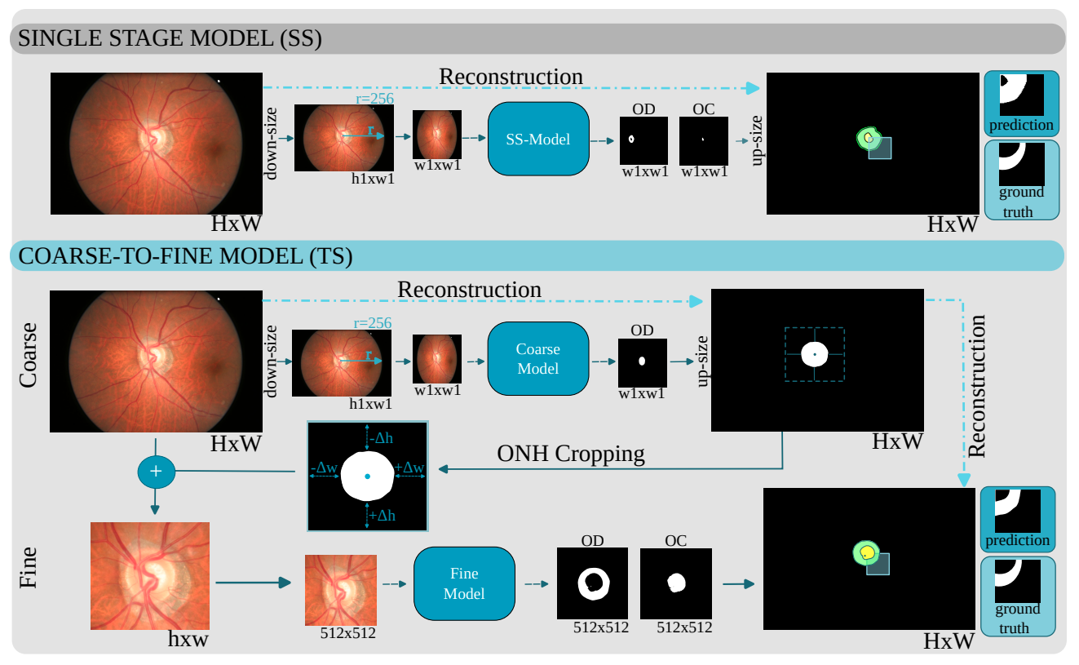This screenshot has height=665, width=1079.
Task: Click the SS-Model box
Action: click(x=537, y=139)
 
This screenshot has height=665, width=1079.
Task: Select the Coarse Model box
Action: click(x=537, y=358)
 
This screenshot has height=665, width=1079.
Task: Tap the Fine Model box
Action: click(x=464, y=583)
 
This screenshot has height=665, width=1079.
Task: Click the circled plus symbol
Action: click(x=157, y=472)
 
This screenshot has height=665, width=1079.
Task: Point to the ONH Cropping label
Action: click(x=570, y=454)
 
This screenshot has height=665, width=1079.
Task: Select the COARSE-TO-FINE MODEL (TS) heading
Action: click(x=184, y=256)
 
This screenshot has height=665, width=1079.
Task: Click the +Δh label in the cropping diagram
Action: click(x=380, y=515)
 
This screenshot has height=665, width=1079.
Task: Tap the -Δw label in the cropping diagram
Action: click(x=324, y=468)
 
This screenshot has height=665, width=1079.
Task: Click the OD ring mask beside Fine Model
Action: click(x=593, y=583)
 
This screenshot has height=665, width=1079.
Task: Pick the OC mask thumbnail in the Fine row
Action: click(x=675, y=583)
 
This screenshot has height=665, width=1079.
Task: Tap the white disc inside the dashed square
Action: click(x=814, y=354)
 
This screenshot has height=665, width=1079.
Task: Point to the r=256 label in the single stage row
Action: click(x=374, y=99)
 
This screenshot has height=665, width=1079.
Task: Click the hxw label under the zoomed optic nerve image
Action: click(x=188, y=639)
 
